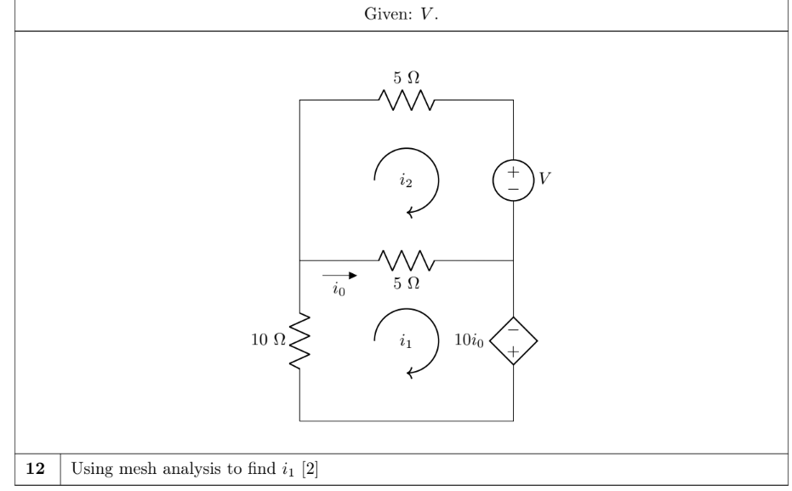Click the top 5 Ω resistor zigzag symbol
[x=407, y=100]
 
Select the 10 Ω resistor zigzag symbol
[x=300, y=340]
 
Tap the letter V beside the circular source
[x=544, y=180]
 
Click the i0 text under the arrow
[x=339, y=288]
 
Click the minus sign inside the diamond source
[x=513, y=330]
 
